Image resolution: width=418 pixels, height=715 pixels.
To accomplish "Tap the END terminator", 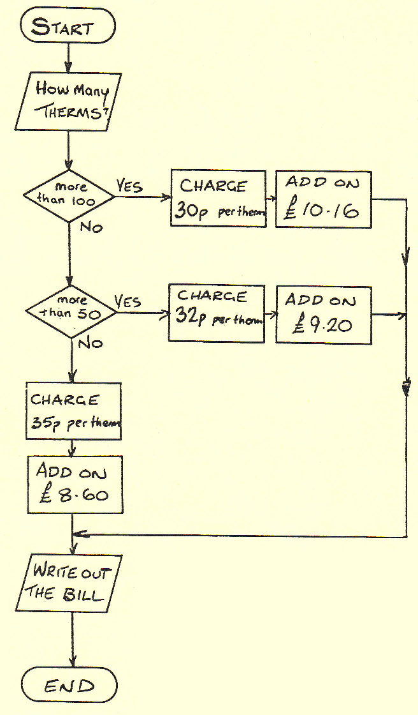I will click(69, 686).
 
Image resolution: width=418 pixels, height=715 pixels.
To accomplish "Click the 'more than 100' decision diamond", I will click(68, 195).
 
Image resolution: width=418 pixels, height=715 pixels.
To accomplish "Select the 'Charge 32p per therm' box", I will click(217, 313).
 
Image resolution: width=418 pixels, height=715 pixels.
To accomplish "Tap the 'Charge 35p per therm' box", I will click(73, 411).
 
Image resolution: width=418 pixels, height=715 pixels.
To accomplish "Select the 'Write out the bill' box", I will click(68, 583).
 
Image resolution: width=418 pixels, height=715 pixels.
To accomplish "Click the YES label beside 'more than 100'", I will click(129, 186).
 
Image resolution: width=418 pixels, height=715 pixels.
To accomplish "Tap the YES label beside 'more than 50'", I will click(128, 301).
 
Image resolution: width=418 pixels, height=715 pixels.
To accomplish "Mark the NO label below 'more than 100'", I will click(90, 228).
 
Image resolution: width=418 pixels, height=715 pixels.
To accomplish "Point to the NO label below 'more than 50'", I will click(90, 343).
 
